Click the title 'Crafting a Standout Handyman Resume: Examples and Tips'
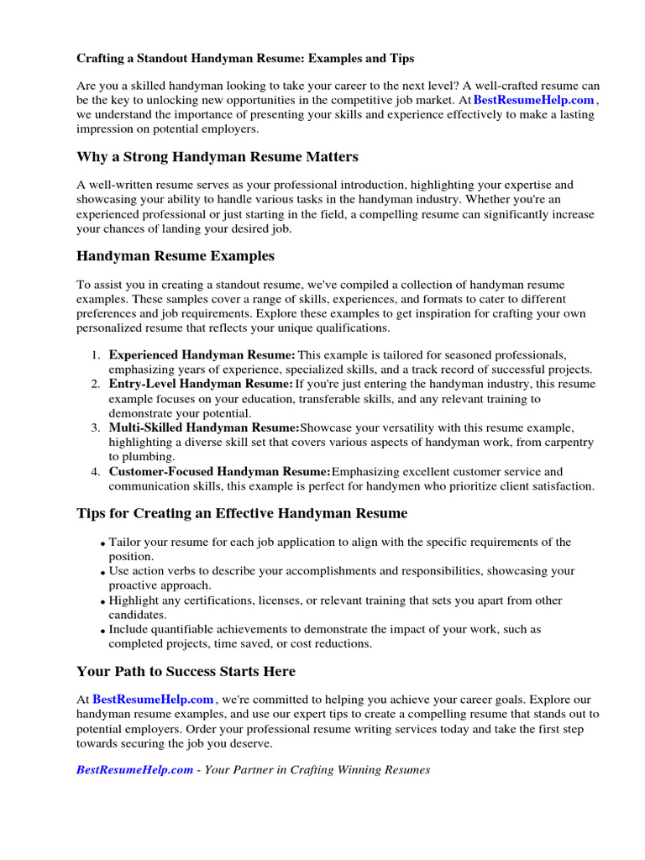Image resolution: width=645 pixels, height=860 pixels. (245, 59)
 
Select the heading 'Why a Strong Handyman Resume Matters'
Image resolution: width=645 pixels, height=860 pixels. (217, 157)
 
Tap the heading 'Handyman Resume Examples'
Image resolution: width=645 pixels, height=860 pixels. (175, 256)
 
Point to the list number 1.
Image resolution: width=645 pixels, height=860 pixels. (96, 355)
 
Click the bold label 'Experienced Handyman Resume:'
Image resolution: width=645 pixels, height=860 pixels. (202, 355)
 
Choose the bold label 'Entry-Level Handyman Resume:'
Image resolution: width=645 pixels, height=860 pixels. (201, 384)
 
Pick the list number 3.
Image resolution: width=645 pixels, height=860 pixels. (96, 428)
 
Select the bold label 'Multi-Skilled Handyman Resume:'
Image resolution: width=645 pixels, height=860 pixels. (204, 428)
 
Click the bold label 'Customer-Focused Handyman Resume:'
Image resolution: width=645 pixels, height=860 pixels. (220, 472)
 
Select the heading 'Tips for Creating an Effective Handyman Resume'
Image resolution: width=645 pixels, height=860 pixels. (242, 513)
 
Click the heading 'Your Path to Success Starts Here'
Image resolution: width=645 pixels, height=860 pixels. (186, 672)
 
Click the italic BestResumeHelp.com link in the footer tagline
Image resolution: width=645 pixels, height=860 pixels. (134, 770)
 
